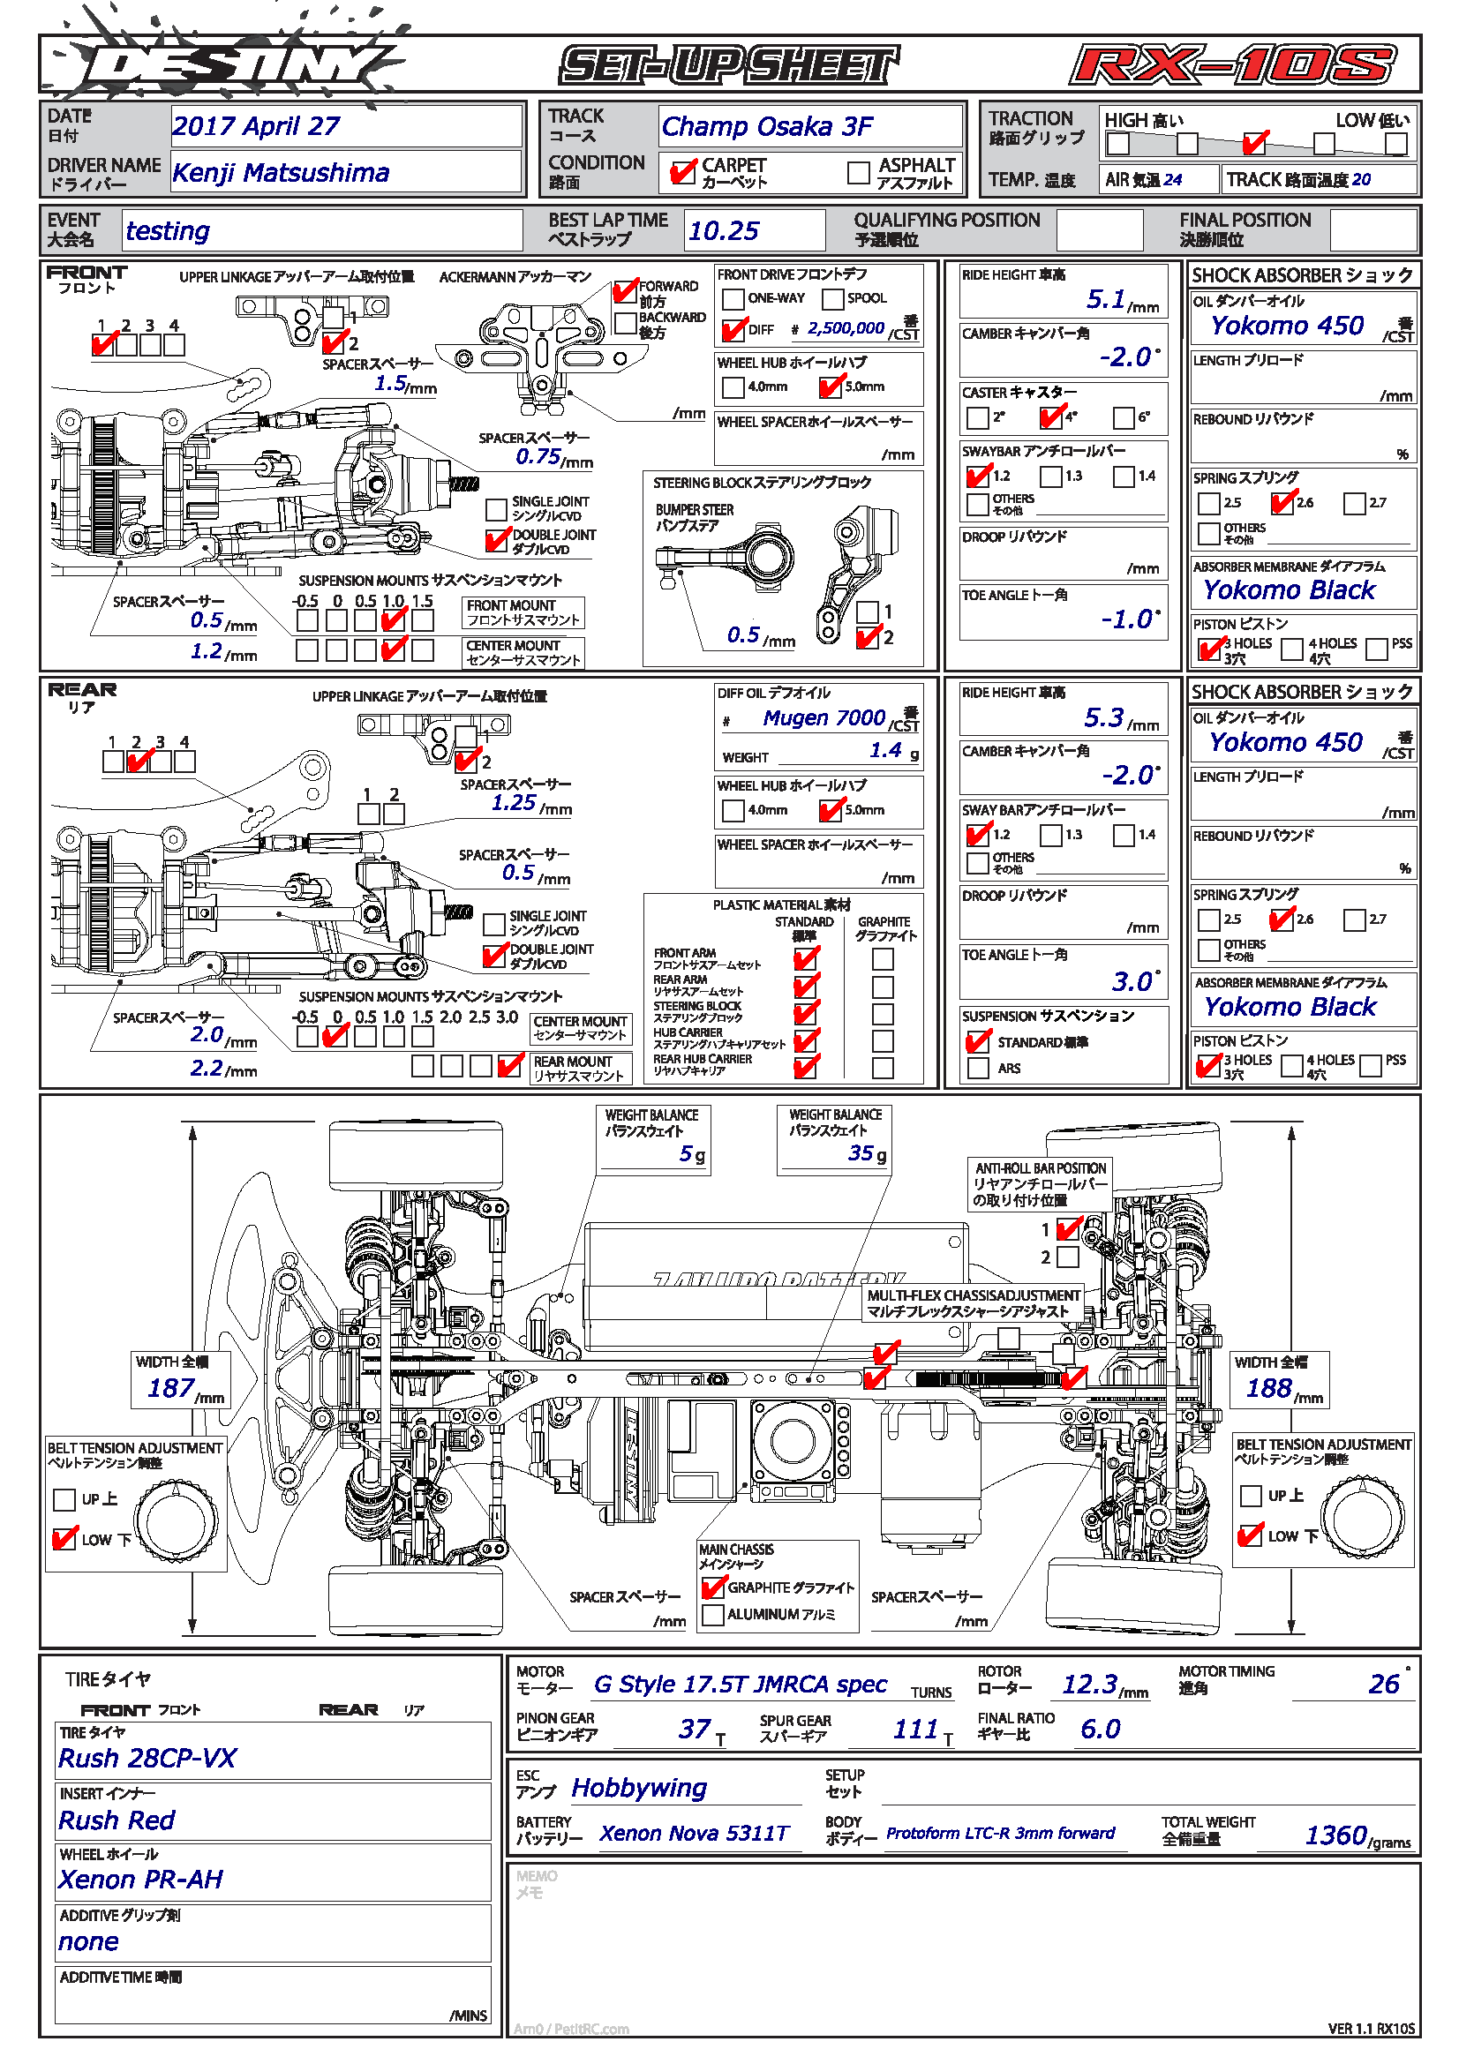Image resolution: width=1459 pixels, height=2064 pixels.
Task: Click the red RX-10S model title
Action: pyautogui.click(x=1232, y=65)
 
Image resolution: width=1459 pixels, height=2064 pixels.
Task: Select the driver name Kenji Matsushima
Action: pyautogui.click(x=281, y=173)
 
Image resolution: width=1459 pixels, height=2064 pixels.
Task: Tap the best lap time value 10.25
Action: pyautogui.click(x=724, y=231)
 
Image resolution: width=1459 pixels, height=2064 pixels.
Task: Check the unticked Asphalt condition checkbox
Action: pyautogui.click(x=859, y=172)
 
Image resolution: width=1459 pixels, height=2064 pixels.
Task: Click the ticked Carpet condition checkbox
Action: pyautogui.click(x=682, y=172)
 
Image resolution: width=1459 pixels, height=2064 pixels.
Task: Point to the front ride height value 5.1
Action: pyautogui.click(x=1106, y=298)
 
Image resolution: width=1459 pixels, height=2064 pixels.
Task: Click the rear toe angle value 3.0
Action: pyautogui.click(x=1131, y=980)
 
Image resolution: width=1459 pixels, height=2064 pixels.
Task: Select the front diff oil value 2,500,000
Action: pyautogui.click(x=846, y=328)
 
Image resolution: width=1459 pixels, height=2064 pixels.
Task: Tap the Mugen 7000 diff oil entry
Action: pyautogui.click(x=824, y=717)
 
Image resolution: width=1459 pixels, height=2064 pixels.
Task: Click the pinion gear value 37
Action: pyautogui.click(x=694, y=1728)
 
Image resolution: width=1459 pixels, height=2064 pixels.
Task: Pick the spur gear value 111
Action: pyautogui.click(x=915, y=1728)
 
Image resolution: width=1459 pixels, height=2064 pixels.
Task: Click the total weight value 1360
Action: pyautogui.click(x=1335, y=1835)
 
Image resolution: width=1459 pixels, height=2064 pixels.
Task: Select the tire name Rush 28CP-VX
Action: pyautogui.click(x=147, y=1758)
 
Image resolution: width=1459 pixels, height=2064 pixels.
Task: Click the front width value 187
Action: pyautogui.click(x=171, y=1388)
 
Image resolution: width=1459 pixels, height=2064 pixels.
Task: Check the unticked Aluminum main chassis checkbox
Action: pyautogui.click(x=713, y=1614)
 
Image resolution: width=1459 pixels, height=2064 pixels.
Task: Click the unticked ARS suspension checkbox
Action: pyautogui.click(x=978, y=1068)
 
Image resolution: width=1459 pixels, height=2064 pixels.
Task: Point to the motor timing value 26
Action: pyautogui.click(x=1383, y=1684)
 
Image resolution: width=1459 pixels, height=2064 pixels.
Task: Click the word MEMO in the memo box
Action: pyautogui.click(x=537, y=1876)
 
